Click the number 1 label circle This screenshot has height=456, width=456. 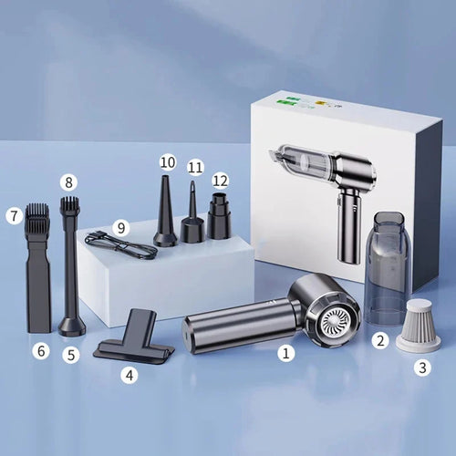[285, 353]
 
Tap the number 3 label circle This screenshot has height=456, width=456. [422, 368]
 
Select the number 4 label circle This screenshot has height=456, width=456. [130, 375]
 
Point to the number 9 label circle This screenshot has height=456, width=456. [121, 227]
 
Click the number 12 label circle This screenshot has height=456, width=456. [220, 181]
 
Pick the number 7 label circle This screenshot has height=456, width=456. [14, 215]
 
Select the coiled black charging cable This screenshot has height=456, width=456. [121, 245]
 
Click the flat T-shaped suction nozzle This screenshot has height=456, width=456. [134, 337]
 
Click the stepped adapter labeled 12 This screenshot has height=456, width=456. [219, 216]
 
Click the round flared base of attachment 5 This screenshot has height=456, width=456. [72, 326]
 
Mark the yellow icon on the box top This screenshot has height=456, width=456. [319, 104]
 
